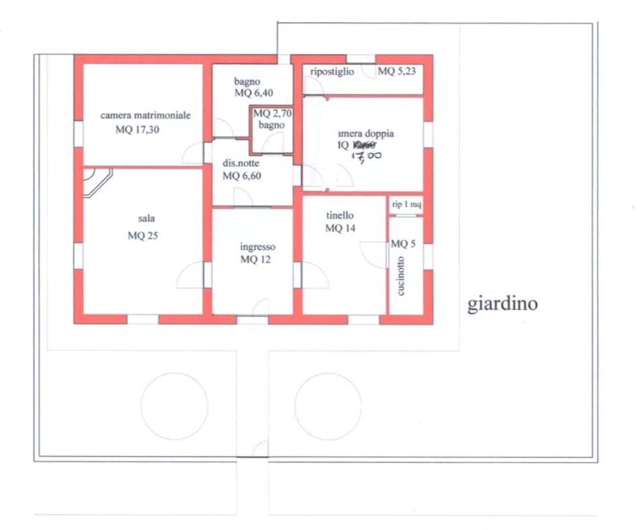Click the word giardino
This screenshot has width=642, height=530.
[x=503, y=304]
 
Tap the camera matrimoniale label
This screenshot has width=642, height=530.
[x=146, y=115]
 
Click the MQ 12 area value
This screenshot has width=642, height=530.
[x=255, y=260]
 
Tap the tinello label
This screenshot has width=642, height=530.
[x=340, y=216]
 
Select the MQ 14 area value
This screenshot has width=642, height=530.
[x=340, y=228]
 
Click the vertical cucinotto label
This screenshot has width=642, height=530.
[x=401, y=276]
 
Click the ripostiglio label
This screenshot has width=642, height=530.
[x=332, y=72]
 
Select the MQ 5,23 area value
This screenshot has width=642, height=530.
[x=396, y=71]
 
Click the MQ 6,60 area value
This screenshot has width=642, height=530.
[x=241, y=176]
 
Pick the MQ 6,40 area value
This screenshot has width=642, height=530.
[x=253, y=93]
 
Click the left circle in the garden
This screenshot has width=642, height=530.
[x=174, y=406]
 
